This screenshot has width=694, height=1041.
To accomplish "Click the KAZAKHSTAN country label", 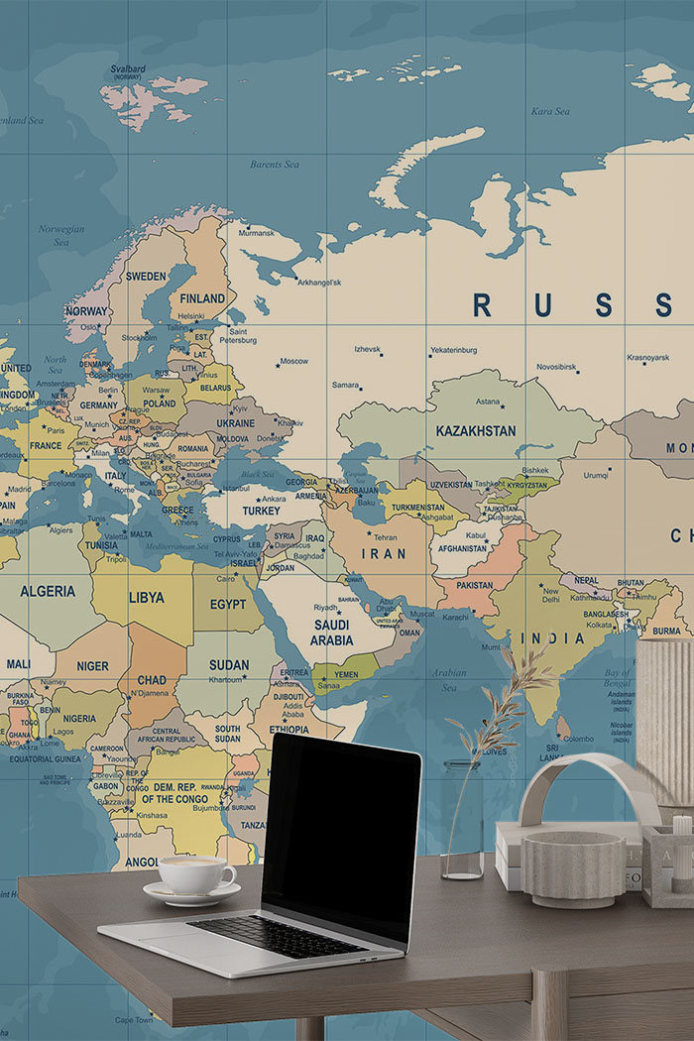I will tap(476, 431).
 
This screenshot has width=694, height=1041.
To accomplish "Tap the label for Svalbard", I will tap(128, 69).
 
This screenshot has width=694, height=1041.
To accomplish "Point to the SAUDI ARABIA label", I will tap(331, 633).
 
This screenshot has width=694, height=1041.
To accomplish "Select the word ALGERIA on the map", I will tap(48, 591).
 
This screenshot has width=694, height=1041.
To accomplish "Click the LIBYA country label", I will tap(147, 598).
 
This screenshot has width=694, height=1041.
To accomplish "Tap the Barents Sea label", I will tap(274, 165).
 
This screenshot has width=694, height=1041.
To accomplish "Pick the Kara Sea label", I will tap(549, 112).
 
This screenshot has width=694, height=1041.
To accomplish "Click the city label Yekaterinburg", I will tap(453, 350).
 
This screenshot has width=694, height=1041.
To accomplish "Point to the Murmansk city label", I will tap(256, 233).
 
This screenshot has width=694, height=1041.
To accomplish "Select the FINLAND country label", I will tap(202, 298).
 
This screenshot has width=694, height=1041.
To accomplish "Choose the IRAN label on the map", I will tap(383, 554).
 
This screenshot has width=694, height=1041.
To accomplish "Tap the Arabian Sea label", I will tap(448, 679).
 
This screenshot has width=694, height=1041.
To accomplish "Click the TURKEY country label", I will tap(262, 511).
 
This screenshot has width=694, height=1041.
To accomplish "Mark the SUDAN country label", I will tap(229, 665).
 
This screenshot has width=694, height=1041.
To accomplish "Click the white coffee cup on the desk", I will tap(195, 874).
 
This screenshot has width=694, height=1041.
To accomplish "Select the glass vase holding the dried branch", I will tap(461, 823).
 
